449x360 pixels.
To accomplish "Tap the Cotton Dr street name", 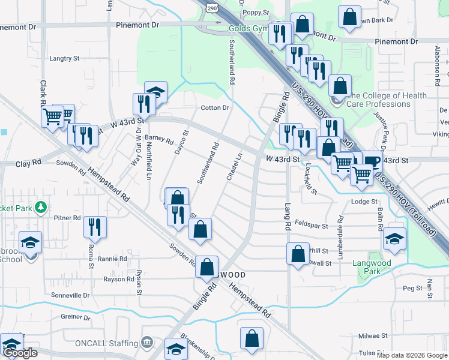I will point(215,108).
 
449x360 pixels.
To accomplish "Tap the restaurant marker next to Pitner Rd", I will point(95,227).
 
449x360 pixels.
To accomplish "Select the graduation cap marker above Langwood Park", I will point(394,239).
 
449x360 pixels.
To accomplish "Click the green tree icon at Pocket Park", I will point(41,208).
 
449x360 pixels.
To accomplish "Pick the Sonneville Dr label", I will point(70,295).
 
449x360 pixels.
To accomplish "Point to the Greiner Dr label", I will point(75,317).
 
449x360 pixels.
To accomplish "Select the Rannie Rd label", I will point(114,259).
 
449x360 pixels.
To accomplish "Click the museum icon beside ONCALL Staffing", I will point(146,343).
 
